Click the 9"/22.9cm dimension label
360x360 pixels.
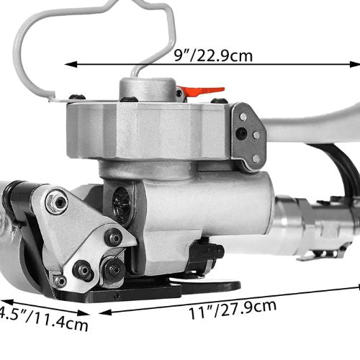tap(213, 55)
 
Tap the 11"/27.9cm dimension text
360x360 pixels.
tap(233, 310)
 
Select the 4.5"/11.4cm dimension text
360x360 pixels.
tap(44, 319)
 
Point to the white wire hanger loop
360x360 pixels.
tap(95, 48)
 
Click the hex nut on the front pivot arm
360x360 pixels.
tap(57, 202)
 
